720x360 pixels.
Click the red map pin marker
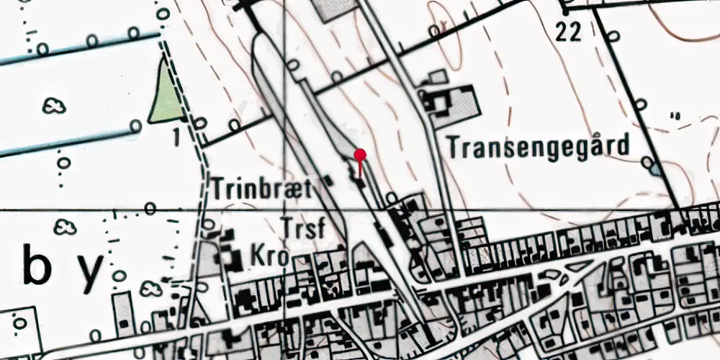(x=361, y=154)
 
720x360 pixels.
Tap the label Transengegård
(x=538, y=147)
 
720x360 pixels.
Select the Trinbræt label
(x=261, y=189)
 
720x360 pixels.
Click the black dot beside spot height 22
(x=567, y=12)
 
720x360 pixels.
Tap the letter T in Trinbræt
(x=218, y=189)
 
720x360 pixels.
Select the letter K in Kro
(x=256, y=256)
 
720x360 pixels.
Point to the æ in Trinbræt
(x=294, y=190)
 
